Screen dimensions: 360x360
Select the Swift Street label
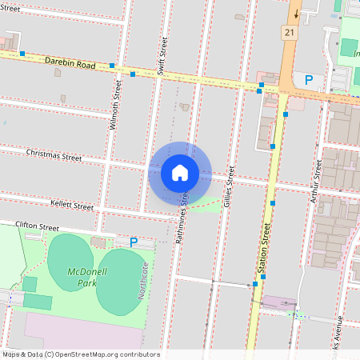pos(163,55)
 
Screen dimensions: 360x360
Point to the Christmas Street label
pos(54,154)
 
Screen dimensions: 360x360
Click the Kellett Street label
pos(71,206)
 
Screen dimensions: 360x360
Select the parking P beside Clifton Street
pos(134,242)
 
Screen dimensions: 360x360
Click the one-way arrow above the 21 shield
pos(295,12)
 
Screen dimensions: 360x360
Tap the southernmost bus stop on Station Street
pos(254,284)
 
